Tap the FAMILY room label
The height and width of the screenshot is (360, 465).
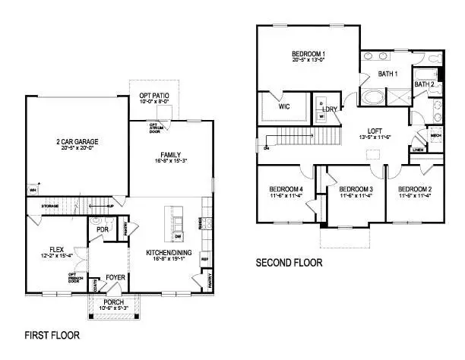click(x=169, y=154)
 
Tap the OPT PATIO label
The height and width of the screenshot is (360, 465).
click(x=155, y=96)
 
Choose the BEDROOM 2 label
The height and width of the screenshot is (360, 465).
click(x=415, y=188)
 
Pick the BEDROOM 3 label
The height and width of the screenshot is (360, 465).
click(x=355, y=188)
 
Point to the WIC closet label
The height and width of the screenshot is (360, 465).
click(x=284, y=107)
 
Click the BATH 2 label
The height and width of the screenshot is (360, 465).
click(x=424, y=84)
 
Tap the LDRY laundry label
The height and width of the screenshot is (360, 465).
click(x=330, y=109)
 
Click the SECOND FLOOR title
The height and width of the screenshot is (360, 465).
click(x=288, y=263)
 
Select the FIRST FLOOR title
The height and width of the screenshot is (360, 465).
click(x=52, y=334)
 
